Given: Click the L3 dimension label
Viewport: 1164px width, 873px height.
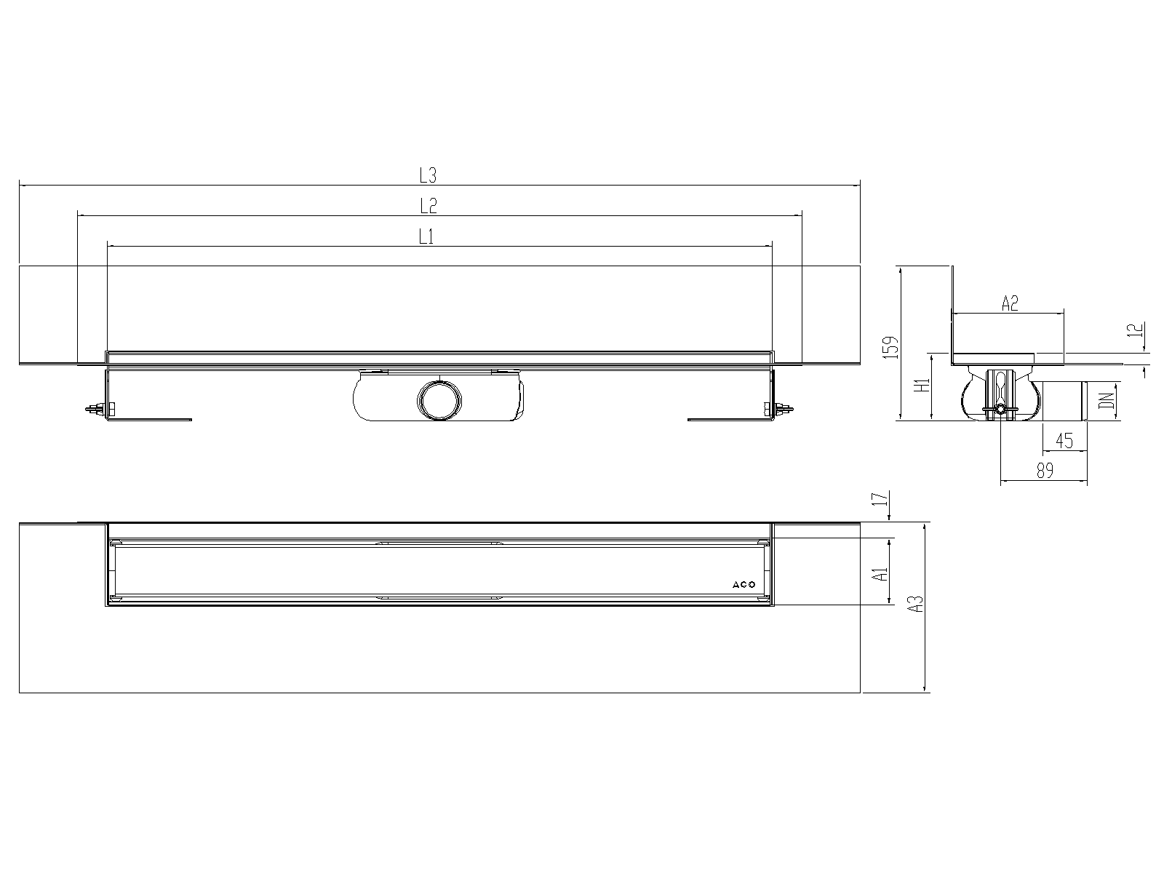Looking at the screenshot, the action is tap(428, 175).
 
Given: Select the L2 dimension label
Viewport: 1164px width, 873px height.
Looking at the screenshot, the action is tap(428, 206).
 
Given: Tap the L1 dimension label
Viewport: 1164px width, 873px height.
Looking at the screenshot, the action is tap(426, 236).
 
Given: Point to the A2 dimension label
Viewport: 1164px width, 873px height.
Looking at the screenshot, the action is tap(1010, 303).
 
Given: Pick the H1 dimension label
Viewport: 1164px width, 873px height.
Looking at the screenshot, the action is tap(922, 386).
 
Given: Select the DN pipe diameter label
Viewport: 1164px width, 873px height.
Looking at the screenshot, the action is tap(1106, 400).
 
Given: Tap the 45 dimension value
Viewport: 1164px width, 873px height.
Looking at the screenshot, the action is tap(1064, 440).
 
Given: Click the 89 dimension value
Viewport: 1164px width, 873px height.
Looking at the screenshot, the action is tap(1045, 470).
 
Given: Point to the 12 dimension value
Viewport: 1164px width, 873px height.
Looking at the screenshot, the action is tap(1135, 330).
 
